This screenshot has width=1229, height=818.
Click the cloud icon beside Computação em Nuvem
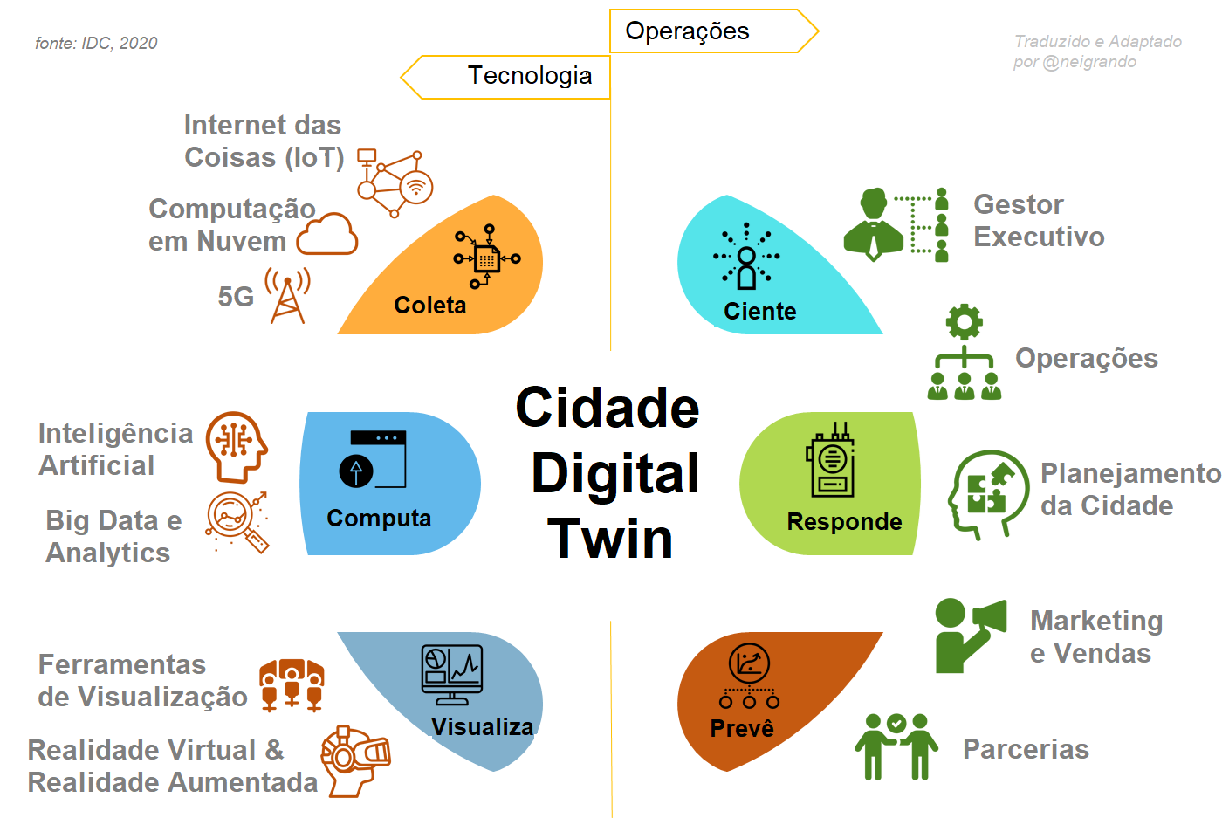(x=327, y=234)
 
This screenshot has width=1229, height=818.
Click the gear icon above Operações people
(x=964, y=322)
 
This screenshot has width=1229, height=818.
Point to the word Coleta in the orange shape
(x=429, y=306)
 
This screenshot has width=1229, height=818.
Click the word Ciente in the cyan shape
(x=759, y=312)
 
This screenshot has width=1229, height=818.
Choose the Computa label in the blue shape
(x=379, y=519)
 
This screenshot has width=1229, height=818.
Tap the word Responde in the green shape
(x=844, y=522)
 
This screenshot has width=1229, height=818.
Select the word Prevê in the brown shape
(x=742, y=729)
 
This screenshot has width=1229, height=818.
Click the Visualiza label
(x=482, y=727)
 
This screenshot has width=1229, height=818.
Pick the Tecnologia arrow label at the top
(x=529, y=76)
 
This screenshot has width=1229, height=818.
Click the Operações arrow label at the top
(x=687, y=31)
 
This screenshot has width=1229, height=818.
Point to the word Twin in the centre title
(x=610, y=539)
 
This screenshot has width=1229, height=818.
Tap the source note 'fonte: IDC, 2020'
(x=96, y=43)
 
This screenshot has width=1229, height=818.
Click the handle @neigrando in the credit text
(x=1089, y=62)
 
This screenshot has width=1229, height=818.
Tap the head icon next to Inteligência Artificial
(x=236, y=446)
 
